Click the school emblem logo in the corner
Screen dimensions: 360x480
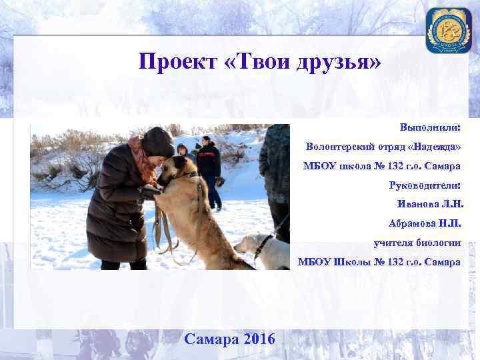[448, 30]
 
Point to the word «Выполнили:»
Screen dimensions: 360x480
[430, 127]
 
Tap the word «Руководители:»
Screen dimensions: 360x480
[425, 185]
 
